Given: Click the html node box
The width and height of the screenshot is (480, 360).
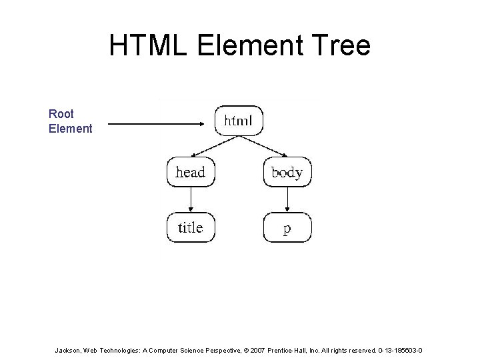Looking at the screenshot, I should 238,121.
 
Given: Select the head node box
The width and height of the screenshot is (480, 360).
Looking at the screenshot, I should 190,172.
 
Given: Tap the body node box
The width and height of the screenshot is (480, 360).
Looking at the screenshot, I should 287,172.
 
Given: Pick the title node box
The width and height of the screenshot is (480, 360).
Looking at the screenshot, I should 190,227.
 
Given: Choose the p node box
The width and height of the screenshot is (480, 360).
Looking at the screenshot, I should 287,228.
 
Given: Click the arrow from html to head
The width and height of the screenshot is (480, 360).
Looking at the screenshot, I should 211,145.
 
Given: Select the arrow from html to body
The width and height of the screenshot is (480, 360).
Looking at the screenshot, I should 266,145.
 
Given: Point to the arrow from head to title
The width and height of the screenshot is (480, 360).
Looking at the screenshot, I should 191,199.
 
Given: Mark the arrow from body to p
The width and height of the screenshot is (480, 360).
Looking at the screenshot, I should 287,199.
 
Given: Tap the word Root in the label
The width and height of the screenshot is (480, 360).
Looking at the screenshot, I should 61,114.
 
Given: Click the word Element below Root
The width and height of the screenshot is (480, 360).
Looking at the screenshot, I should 70,128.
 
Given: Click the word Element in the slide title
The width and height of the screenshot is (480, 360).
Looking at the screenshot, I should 245,45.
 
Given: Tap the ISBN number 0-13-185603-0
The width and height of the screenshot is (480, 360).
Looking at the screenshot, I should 398,349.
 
